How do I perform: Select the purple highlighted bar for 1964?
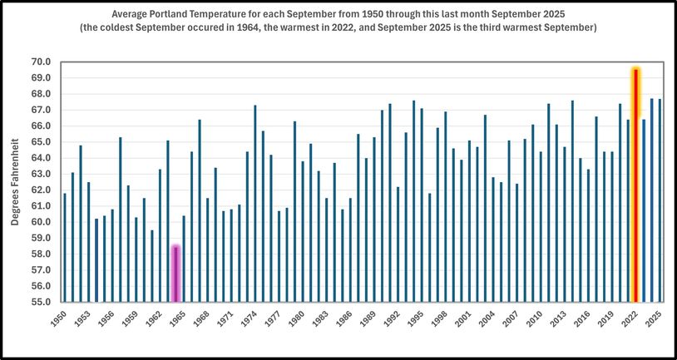coord(175,274)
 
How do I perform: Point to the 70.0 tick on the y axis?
coord(41,62)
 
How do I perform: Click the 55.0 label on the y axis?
coord(41,303)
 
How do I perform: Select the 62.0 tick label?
coord(41,190)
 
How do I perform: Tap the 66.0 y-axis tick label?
coord(41,126)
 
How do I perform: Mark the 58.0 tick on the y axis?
coord(41,254)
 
